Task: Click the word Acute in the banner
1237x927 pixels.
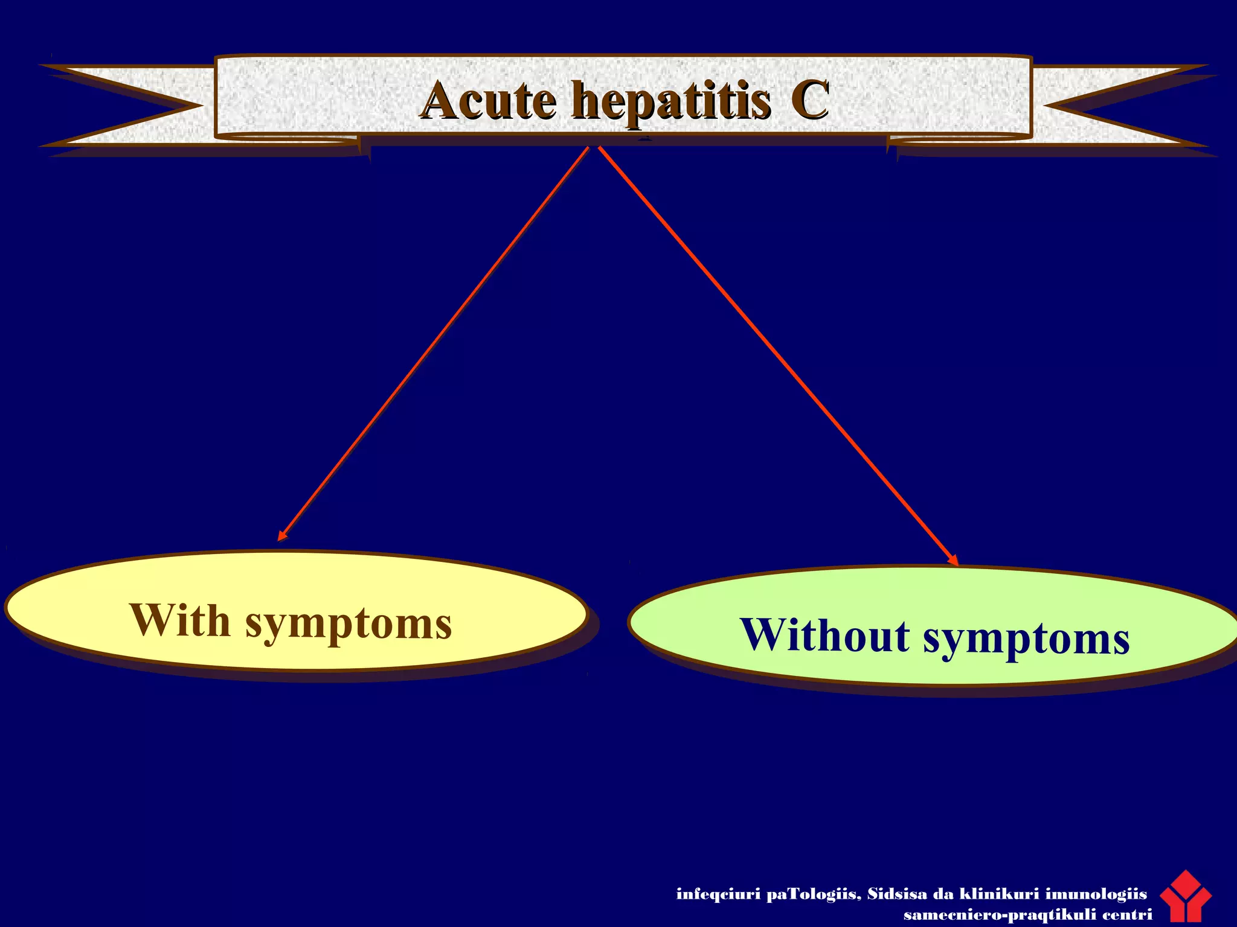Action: coord(488,101)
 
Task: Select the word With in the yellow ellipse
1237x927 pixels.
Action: coord(179,620)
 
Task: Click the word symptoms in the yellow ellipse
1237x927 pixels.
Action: coord(349,625)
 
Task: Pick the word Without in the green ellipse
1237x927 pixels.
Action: coord(824,635)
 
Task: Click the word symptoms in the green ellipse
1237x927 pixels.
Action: coord(1026,640)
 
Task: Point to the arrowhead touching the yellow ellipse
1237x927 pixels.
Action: coord(282,535)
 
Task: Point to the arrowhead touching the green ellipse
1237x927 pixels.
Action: coord(953,560)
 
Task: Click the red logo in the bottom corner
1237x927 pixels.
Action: coord(1185,897)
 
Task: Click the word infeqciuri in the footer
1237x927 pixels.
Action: coord(718,894)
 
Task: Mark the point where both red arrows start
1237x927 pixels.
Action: coord(594,147)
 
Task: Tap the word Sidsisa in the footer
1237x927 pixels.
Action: coord(896,894)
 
